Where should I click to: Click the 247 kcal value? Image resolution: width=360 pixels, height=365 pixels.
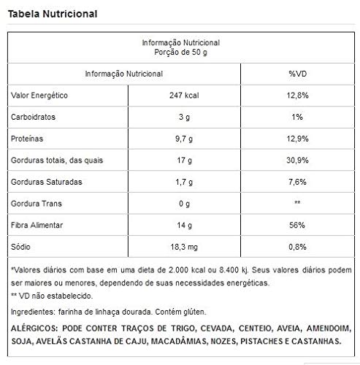(179, 96)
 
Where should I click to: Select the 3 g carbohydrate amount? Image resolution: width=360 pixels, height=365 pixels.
(179, 118)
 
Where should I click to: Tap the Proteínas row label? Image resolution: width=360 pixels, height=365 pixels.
(26, 139)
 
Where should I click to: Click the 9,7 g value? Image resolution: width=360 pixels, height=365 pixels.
(179, 139)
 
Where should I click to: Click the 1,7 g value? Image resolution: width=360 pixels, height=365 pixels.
(179, 180)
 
